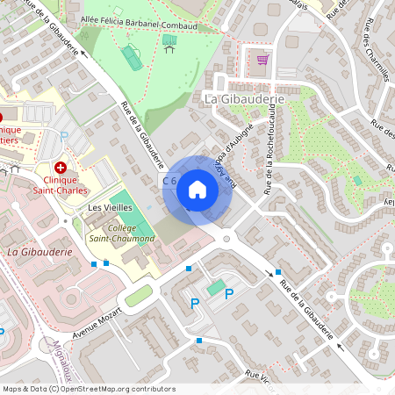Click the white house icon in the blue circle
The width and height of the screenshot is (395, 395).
(x=197, y=190)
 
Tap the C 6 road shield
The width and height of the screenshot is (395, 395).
(x=169, y=181)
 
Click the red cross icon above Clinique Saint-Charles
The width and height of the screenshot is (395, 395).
(x=61, y=167)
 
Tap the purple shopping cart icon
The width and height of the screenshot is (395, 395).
(x=262, y=60)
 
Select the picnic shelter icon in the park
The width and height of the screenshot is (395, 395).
(x=169, y=40)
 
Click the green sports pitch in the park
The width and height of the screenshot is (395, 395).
(x=133, y=57)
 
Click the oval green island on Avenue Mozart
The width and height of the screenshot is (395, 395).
(x=138, y=296)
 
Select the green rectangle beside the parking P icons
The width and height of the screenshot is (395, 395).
(x=215, y=287)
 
